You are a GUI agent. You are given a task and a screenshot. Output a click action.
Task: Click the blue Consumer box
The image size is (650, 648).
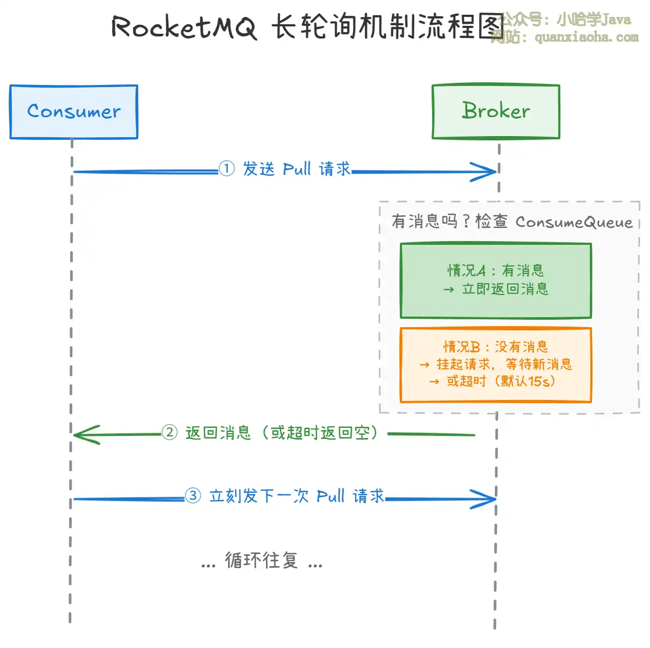point(74,112)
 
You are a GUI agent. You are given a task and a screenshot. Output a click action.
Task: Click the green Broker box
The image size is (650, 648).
point(496,111)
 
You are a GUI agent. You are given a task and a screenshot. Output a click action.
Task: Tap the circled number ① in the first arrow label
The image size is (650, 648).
point(226,169)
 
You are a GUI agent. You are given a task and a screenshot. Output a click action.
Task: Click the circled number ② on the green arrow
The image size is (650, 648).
point(169,433)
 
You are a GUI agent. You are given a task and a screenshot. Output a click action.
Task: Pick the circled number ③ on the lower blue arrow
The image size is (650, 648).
point(193,496)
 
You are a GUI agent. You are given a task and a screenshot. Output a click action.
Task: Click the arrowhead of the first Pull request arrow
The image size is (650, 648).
point(485,171)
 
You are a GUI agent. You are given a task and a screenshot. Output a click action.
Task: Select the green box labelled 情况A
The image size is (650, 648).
point(496,281)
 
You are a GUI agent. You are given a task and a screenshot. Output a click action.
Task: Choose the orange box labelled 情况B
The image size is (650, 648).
point(496,365)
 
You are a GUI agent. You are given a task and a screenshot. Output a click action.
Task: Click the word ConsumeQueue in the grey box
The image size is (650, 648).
point(574,222)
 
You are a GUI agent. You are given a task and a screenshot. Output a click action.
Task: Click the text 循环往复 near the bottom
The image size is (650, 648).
point(262,560)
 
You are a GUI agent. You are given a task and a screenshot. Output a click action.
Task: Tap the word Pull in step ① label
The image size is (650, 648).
point(297,169)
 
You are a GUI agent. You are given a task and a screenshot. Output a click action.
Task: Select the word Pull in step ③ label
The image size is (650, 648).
point(331,497)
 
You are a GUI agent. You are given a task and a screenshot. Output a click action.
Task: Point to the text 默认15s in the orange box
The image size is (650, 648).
point(525,381)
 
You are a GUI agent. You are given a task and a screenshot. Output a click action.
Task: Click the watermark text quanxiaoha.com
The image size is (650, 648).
point(586,37)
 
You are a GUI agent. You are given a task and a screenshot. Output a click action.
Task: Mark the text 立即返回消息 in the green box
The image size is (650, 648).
point(505,289)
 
